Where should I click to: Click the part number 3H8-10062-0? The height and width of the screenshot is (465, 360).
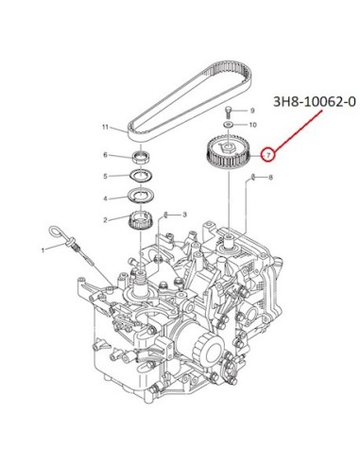(315, 102)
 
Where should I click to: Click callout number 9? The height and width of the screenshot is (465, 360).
(252, 111)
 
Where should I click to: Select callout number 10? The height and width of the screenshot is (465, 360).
(253, 125)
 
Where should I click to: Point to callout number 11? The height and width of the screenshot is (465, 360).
(105, 128)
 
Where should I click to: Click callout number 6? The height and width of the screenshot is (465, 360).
(106, 155)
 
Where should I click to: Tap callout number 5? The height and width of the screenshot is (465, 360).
(106, 176)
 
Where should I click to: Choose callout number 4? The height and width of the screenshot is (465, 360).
(106, 198)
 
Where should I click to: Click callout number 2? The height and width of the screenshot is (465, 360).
(106, 220)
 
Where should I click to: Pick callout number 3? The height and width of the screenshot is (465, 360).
(185, 215)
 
